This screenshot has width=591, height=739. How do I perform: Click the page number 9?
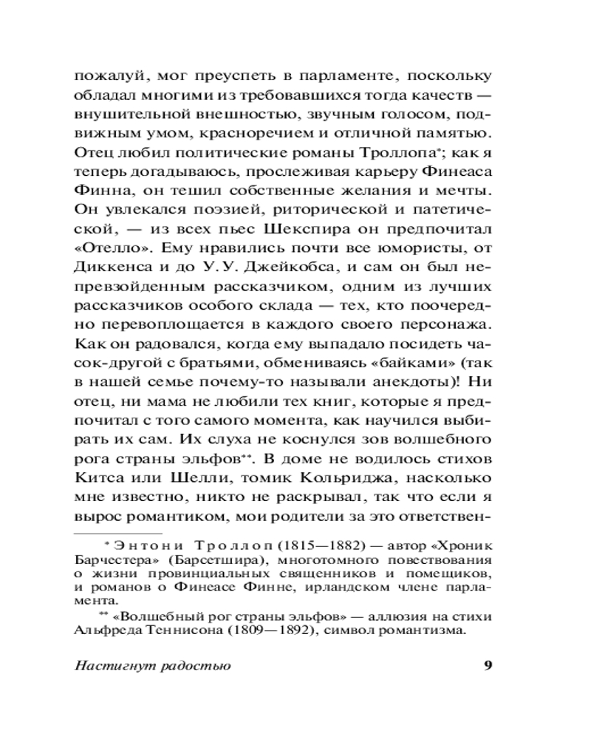click(x=487, y=665)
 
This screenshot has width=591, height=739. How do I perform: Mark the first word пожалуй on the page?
click(x=106, y=77)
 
